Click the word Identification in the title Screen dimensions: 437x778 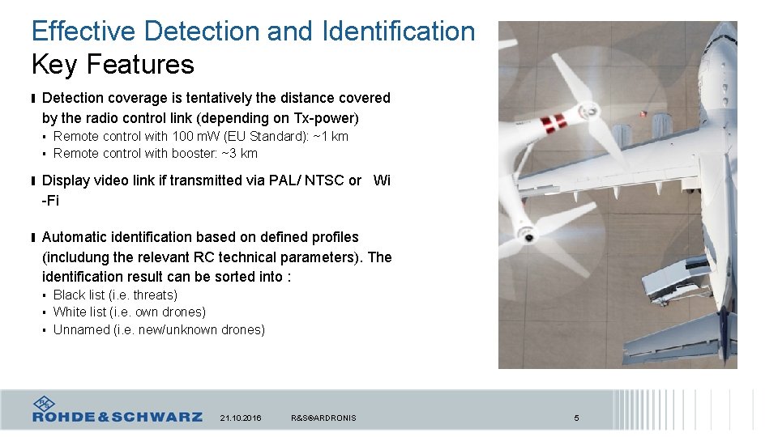tap(398, 32)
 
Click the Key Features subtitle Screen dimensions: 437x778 tap(113, 64)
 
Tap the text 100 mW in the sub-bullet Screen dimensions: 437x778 tap(194, 136)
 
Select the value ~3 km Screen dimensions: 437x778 tap(240, 153)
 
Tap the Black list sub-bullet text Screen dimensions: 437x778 tap(115, 295)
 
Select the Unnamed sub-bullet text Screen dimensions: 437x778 tap(159, 329)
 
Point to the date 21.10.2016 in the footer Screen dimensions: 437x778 tap(241, 418)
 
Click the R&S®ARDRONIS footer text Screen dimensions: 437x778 tap(323, 418)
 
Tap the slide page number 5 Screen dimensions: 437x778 tap(576, 418)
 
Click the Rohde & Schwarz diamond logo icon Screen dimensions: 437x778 tap(44, 402)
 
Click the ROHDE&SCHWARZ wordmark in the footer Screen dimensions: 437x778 tap(118, 417)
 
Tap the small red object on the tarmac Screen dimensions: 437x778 tap(644, 114)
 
